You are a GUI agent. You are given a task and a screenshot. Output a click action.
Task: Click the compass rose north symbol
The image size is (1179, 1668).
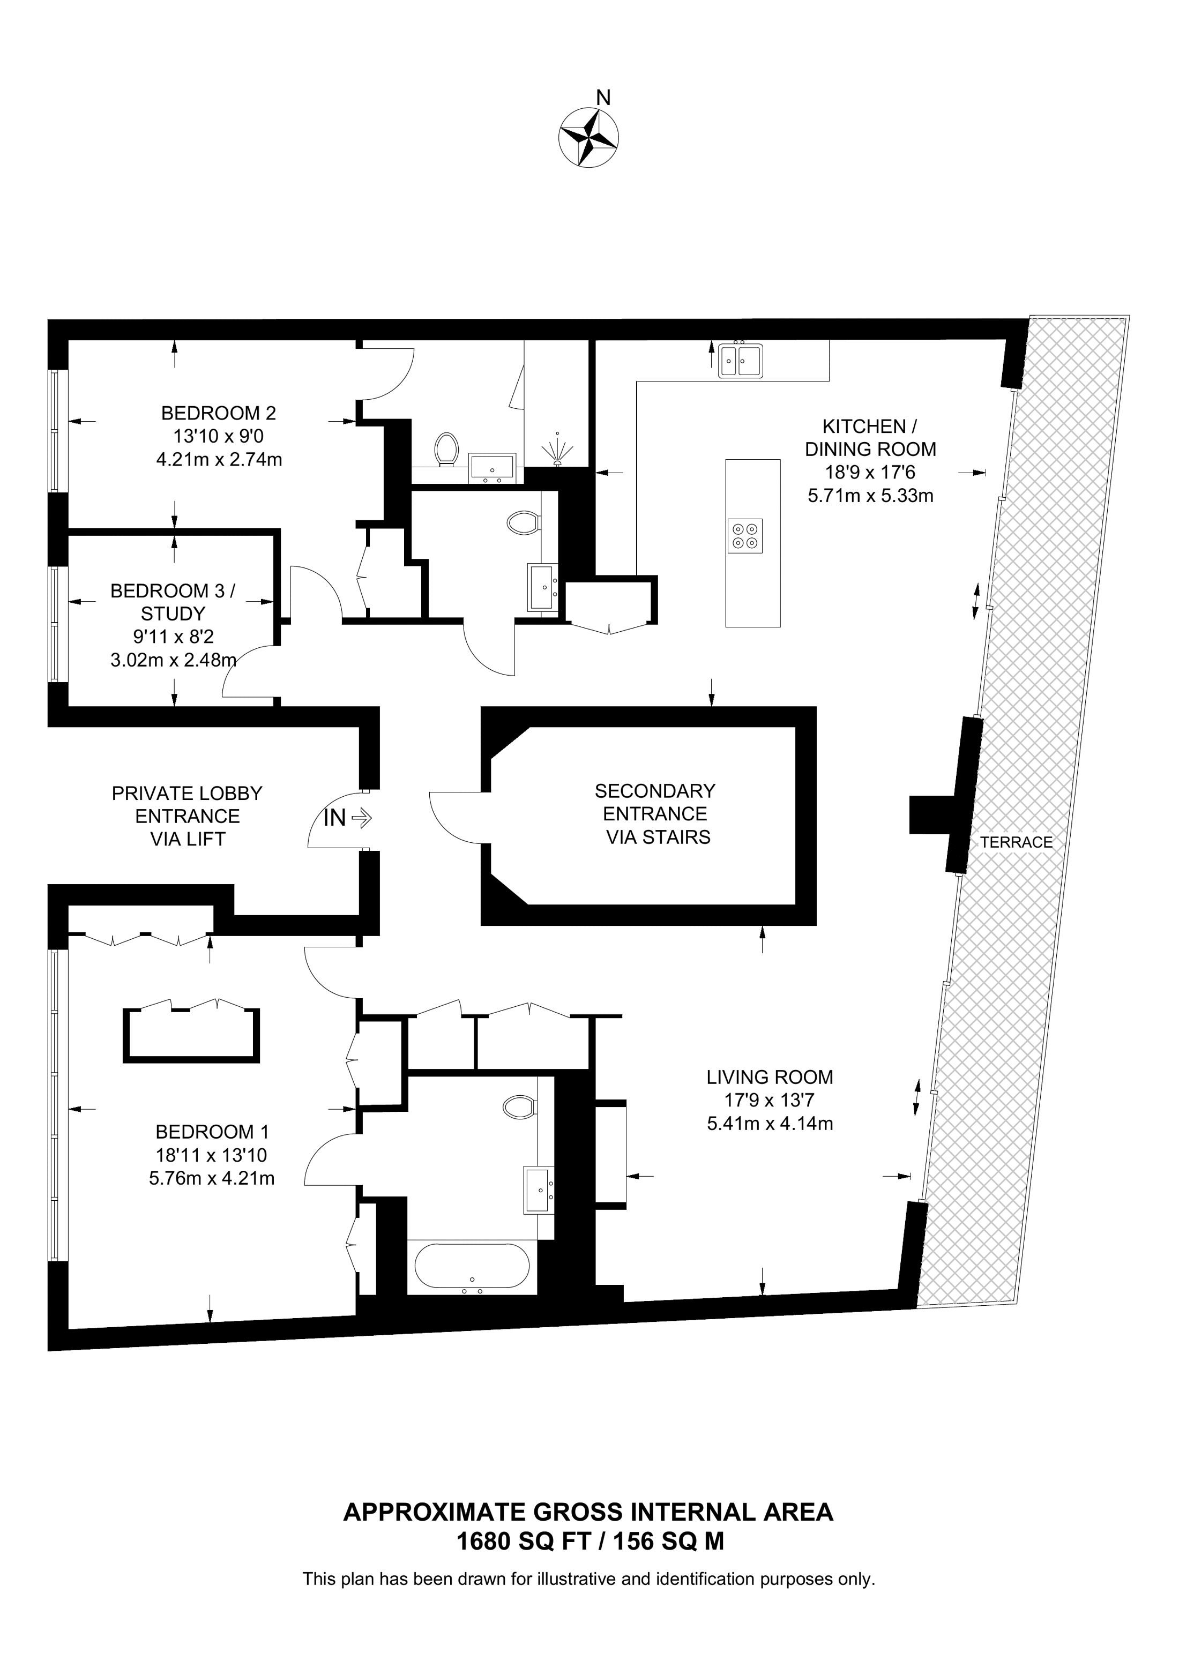click(x=588, y=138)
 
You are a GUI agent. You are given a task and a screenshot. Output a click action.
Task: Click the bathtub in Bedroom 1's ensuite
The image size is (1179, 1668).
click(x=472, y=1267)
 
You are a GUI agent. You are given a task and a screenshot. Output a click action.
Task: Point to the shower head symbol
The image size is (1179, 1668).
click(x=557, y=447)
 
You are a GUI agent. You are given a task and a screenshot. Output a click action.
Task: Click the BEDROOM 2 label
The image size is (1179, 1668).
click(x=219, y=413)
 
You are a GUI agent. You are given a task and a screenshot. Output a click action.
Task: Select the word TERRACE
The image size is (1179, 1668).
click(x=1016, y=842)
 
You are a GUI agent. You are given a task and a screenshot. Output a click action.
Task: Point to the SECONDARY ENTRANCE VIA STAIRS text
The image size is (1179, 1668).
click(x=655, y=814)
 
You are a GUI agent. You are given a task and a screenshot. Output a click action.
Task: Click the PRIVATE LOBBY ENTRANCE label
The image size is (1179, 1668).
click(x=188, y=805)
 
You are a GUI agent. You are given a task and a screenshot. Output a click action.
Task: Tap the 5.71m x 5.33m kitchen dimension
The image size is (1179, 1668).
click(x=870, y=496)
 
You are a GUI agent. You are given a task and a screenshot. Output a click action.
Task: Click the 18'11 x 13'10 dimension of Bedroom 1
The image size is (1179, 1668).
click(x=211, y=1154)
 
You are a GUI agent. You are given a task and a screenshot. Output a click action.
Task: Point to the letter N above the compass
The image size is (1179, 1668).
click(x=603, y=98)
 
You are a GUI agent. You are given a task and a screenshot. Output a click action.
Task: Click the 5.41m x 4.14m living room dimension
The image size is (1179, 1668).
click(x=770, y=1124)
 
